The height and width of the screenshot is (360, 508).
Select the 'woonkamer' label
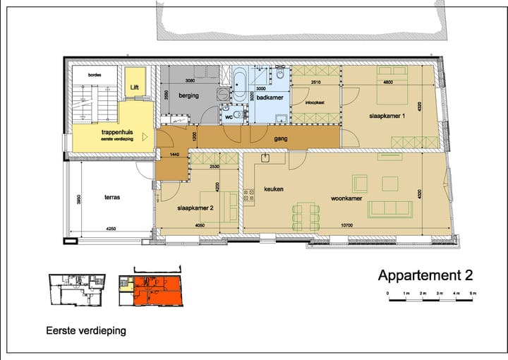point(346,198)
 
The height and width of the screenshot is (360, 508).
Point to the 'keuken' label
point(274,189)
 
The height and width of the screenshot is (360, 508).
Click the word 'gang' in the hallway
point(281,139)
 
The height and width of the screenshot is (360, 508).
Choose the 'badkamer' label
point(270,98)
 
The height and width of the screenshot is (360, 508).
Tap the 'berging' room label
point(188,95)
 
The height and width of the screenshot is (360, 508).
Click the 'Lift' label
point(134,87)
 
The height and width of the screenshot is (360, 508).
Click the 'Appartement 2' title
point(425,275)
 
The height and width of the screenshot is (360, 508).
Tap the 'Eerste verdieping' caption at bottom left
point(86,330)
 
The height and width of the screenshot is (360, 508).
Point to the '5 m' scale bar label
point(473,292)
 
